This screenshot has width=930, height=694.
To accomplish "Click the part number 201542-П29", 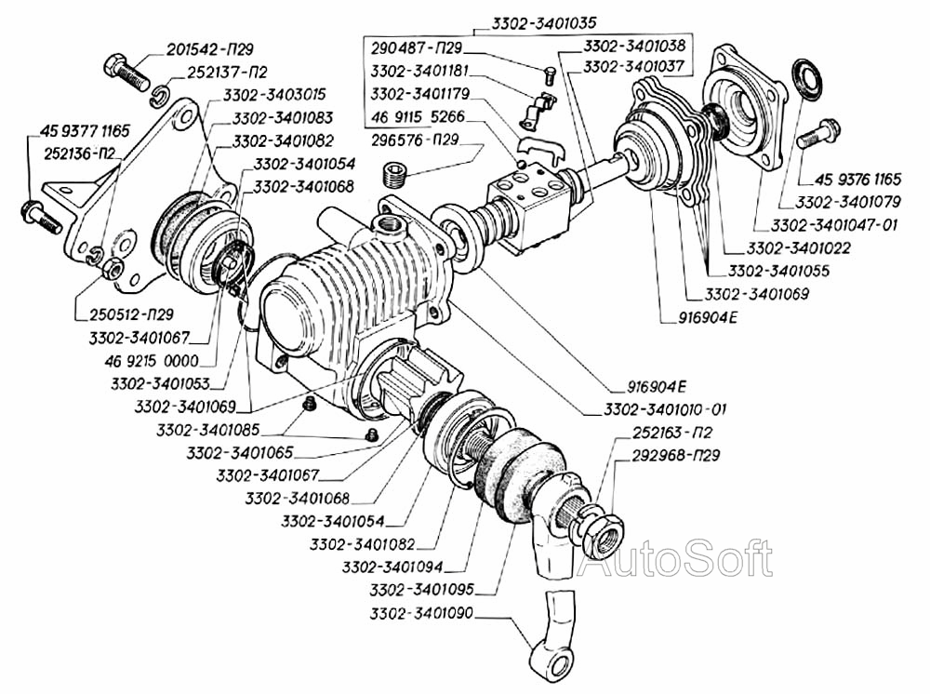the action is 209,48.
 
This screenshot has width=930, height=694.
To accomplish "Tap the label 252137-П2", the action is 227,72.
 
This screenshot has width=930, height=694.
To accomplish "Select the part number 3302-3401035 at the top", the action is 544,22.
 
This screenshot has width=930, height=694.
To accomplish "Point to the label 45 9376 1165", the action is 857,179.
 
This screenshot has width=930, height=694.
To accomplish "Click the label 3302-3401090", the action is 421,613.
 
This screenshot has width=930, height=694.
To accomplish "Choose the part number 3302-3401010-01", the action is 665,409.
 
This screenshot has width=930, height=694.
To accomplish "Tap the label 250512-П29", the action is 131,314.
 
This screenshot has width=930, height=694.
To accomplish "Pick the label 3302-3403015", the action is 274,94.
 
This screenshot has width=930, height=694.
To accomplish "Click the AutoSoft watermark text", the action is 675,558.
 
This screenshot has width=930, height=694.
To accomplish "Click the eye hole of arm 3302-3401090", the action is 559,664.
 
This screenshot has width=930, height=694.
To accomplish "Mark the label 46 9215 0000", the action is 152,361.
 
